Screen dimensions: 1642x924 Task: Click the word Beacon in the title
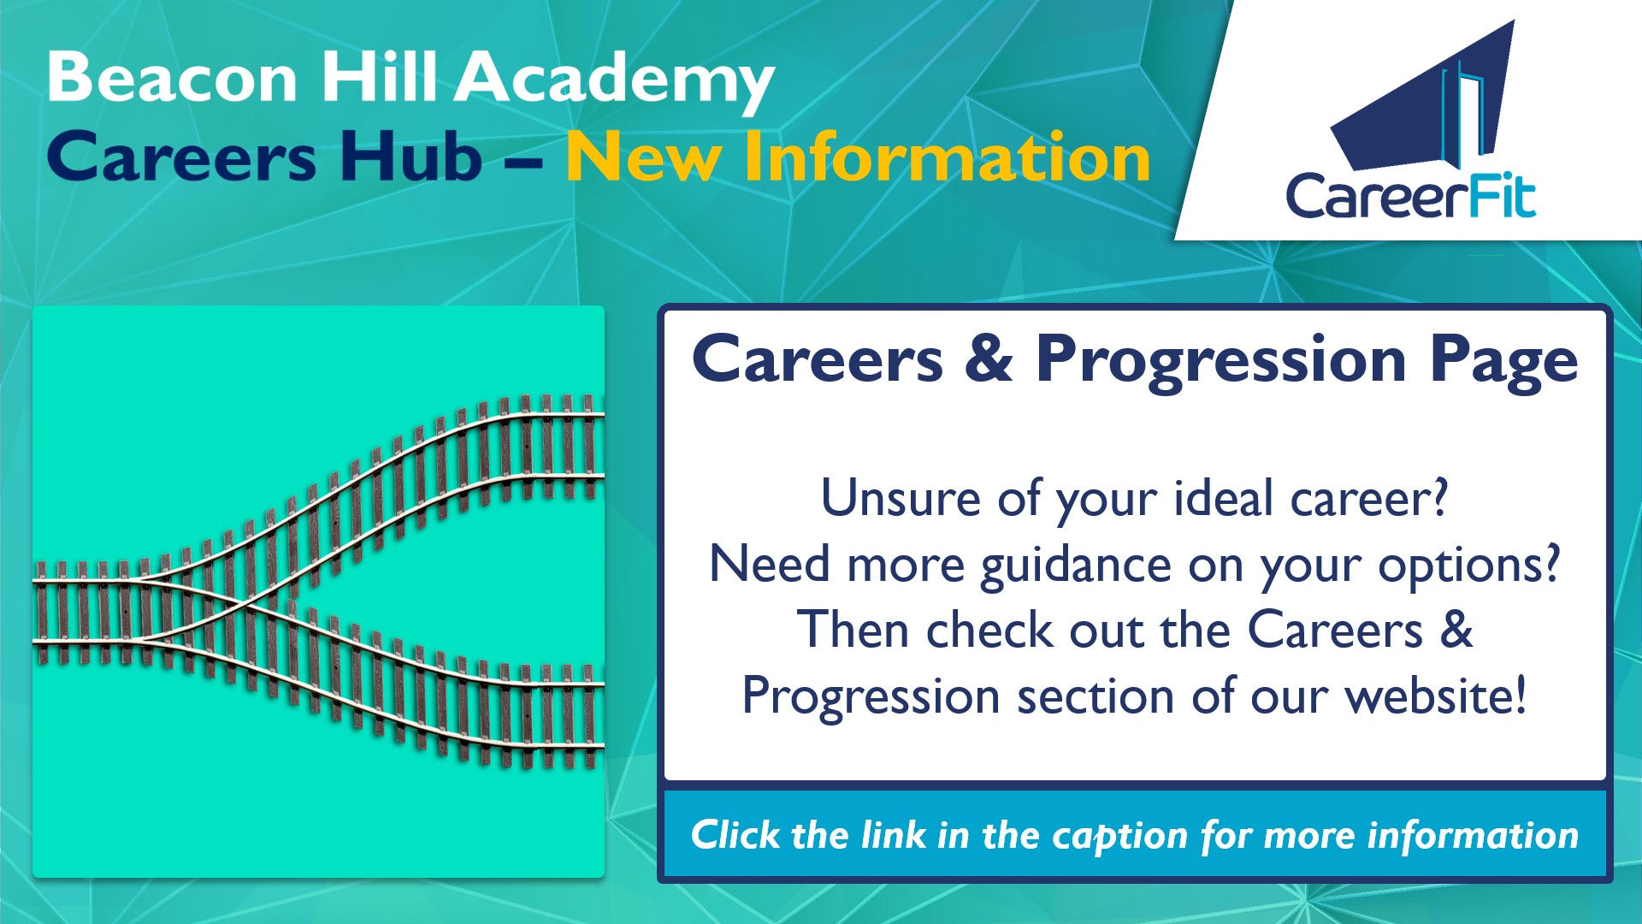(173, 77)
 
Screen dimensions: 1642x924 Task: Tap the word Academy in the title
(614, 82)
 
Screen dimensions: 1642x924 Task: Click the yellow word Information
(947, 157)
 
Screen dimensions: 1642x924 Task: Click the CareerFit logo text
(1411, 196)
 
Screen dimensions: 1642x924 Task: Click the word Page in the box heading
(1504, 361)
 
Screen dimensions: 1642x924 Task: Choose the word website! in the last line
(1436, 695)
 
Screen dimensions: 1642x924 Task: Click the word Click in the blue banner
(735, 834)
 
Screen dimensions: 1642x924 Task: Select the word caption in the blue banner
(1120, 837)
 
